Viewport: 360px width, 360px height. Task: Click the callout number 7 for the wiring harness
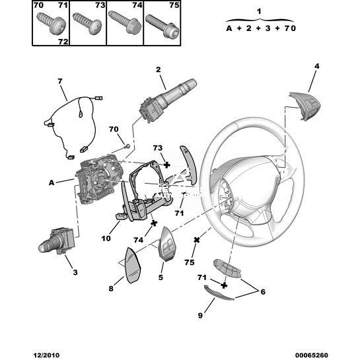coord(59,81)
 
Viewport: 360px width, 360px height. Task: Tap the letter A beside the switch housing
coord(52,182)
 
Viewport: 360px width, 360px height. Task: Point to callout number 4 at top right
coord(316,66)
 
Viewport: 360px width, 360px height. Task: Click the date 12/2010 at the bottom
coord(47,355)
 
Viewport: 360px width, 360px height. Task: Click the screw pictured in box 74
coord(125,23)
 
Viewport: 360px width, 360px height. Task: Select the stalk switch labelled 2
coord(167,101)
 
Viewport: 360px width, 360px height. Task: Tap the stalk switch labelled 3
coord(56,240)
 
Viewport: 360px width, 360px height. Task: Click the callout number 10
coord(106,238)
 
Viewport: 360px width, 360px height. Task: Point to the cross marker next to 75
coord(197,240)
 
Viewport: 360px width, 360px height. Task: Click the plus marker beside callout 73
coord(167,164)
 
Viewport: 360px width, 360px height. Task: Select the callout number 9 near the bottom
coord(200,316)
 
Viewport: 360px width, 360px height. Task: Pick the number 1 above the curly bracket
coord(259,11)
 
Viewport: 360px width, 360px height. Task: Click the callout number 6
coord(263,291)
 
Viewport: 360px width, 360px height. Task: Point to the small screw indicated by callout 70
coord(127,146)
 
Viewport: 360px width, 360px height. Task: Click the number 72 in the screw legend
coord(63,42)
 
